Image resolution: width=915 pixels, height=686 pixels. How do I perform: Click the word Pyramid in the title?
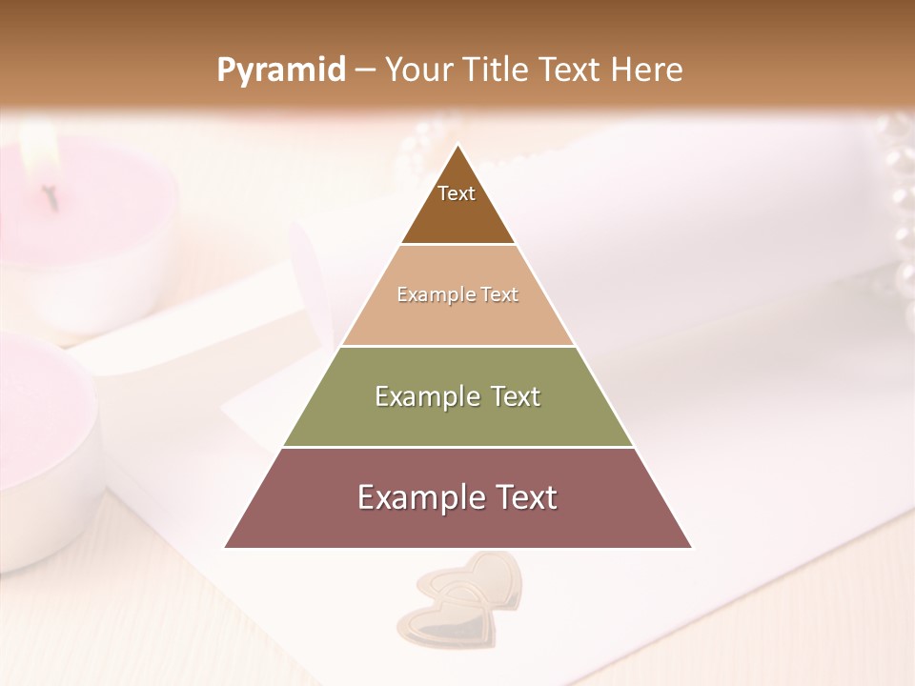(x=281, y=71)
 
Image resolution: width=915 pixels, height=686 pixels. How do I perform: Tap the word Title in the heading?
(x=499, y=71)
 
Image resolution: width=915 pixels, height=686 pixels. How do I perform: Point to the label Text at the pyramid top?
(x=457, y=193)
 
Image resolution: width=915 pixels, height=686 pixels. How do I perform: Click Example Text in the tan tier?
(x=457, y=294)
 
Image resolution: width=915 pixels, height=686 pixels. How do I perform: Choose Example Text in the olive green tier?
(x=457, y=396)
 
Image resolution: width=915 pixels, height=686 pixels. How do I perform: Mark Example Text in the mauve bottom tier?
(x=457, y=497)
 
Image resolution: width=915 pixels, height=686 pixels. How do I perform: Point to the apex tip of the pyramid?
(x=457, y=147)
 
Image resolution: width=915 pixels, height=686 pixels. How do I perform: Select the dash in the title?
(x=365, y=71)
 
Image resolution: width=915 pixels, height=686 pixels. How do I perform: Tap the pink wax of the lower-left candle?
(x=38, y=400)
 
